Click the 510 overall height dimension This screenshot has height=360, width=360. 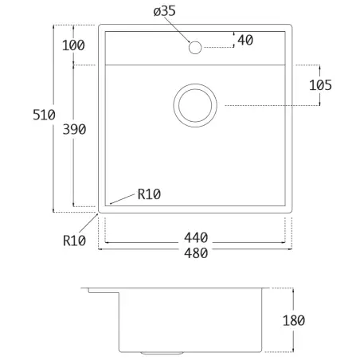[x=44, y=115]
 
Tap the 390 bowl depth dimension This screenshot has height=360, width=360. [x=72, y=129]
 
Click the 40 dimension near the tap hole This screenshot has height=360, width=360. [x=245, y=40]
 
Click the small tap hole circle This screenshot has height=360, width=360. [x=194, y=47]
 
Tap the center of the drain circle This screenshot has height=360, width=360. [x=194, y=104]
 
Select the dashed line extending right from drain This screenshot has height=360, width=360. [x=271, y=105]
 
